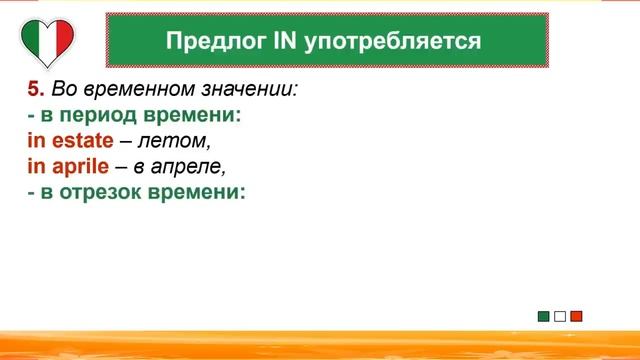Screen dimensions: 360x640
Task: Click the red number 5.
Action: click(x=32, y=89)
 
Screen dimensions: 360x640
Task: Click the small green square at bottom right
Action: click(x=543, y=317)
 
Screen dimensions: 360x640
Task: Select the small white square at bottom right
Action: click(x=560, y=317)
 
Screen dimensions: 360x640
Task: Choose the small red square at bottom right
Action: click(x=576, y=317)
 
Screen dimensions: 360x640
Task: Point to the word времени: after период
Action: click(x=191, y=115)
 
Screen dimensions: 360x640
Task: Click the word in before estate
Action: click(x=35, y=141)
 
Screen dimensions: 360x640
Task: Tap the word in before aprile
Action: click(x=35, y=166)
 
